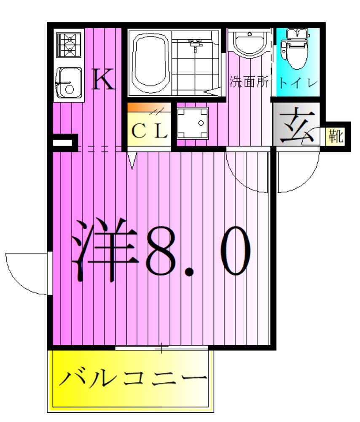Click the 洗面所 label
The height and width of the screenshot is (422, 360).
click(249, 82)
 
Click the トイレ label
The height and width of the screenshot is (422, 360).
click(297, 82)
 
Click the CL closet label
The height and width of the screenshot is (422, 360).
click(149, 132)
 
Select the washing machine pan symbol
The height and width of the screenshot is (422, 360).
click(193, 123)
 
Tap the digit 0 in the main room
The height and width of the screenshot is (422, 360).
click(229, 251)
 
